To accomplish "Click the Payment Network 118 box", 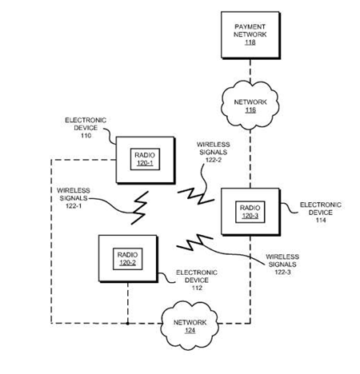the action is [250, 35].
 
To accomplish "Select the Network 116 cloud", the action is [250, 105].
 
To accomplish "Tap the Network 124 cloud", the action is [190, 325].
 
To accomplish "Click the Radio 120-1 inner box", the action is [145, 159].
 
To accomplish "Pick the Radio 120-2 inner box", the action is [128, 259].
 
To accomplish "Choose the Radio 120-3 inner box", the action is [250, 212].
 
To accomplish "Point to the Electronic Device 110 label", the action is [86, 128].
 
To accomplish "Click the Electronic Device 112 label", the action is [197, 280].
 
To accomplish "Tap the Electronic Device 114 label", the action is [321, 213].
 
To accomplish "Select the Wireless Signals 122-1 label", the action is [74, 198].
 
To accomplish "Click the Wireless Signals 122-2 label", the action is [214, 152].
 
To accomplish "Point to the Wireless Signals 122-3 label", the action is [282, 265].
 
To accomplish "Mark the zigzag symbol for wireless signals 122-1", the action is [139, 208].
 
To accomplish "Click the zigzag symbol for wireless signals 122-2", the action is [196, 196].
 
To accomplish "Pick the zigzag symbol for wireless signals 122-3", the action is [194, 242].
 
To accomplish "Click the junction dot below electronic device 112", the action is [128, 324].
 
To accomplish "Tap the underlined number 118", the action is [250, 42].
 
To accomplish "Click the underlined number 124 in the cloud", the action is [190, 331].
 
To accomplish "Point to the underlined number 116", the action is [250, 110].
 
